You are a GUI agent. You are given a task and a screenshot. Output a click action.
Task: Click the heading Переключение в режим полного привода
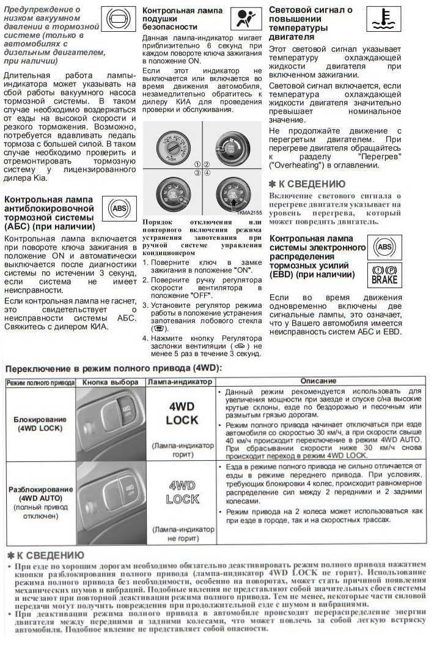pos(114,367)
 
